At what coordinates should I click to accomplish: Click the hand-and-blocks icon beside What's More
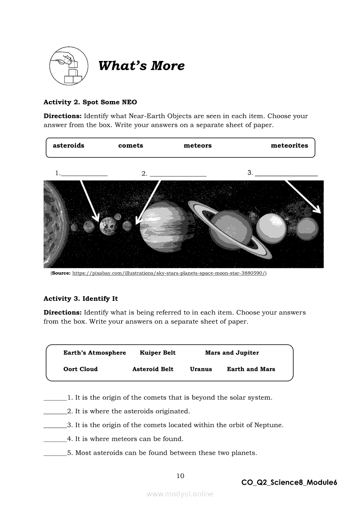[x=66, y=66]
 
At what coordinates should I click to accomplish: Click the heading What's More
[x=141, y=66]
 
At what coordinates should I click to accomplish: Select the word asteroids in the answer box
[x=68, y=145]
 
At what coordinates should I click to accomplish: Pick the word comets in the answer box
[x=130, y=145]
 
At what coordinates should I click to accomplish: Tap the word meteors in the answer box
[x=197, y=145]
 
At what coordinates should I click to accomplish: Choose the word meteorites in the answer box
[x=289, y=145]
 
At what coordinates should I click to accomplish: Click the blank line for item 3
[x=286, y=175]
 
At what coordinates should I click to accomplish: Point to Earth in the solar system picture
[x=106, y=226]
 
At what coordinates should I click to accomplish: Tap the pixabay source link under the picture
[x=169, y=273]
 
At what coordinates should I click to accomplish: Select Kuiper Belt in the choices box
[x=157, y=353]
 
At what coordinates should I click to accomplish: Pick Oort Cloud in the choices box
[x=81, y=369]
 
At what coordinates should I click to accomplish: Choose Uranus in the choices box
[x=201, y=369]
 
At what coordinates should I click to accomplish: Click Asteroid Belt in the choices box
[x=153, y=369]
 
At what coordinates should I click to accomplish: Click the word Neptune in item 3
[x=269, y=425]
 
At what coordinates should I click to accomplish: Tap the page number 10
[x=180, y=476]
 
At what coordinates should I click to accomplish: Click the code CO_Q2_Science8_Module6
[x=289, y=482]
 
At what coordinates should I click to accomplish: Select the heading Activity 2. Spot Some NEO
[x=90, y=102]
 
